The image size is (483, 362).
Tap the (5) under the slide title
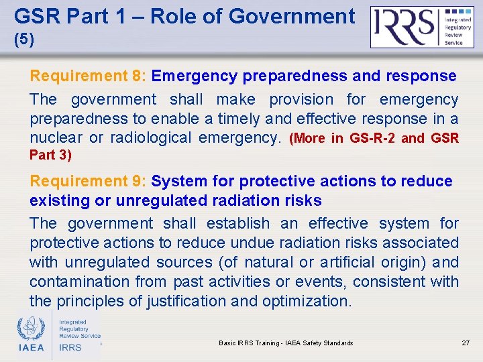tap(23, 40)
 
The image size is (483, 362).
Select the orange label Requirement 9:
tap(89, 181)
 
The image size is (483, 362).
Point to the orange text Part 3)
tap(50, 155)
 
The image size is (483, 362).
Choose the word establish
tap(237, 223)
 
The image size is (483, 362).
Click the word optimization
tap(307, 301)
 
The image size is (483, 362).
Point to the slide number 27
tap(466, 343)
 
